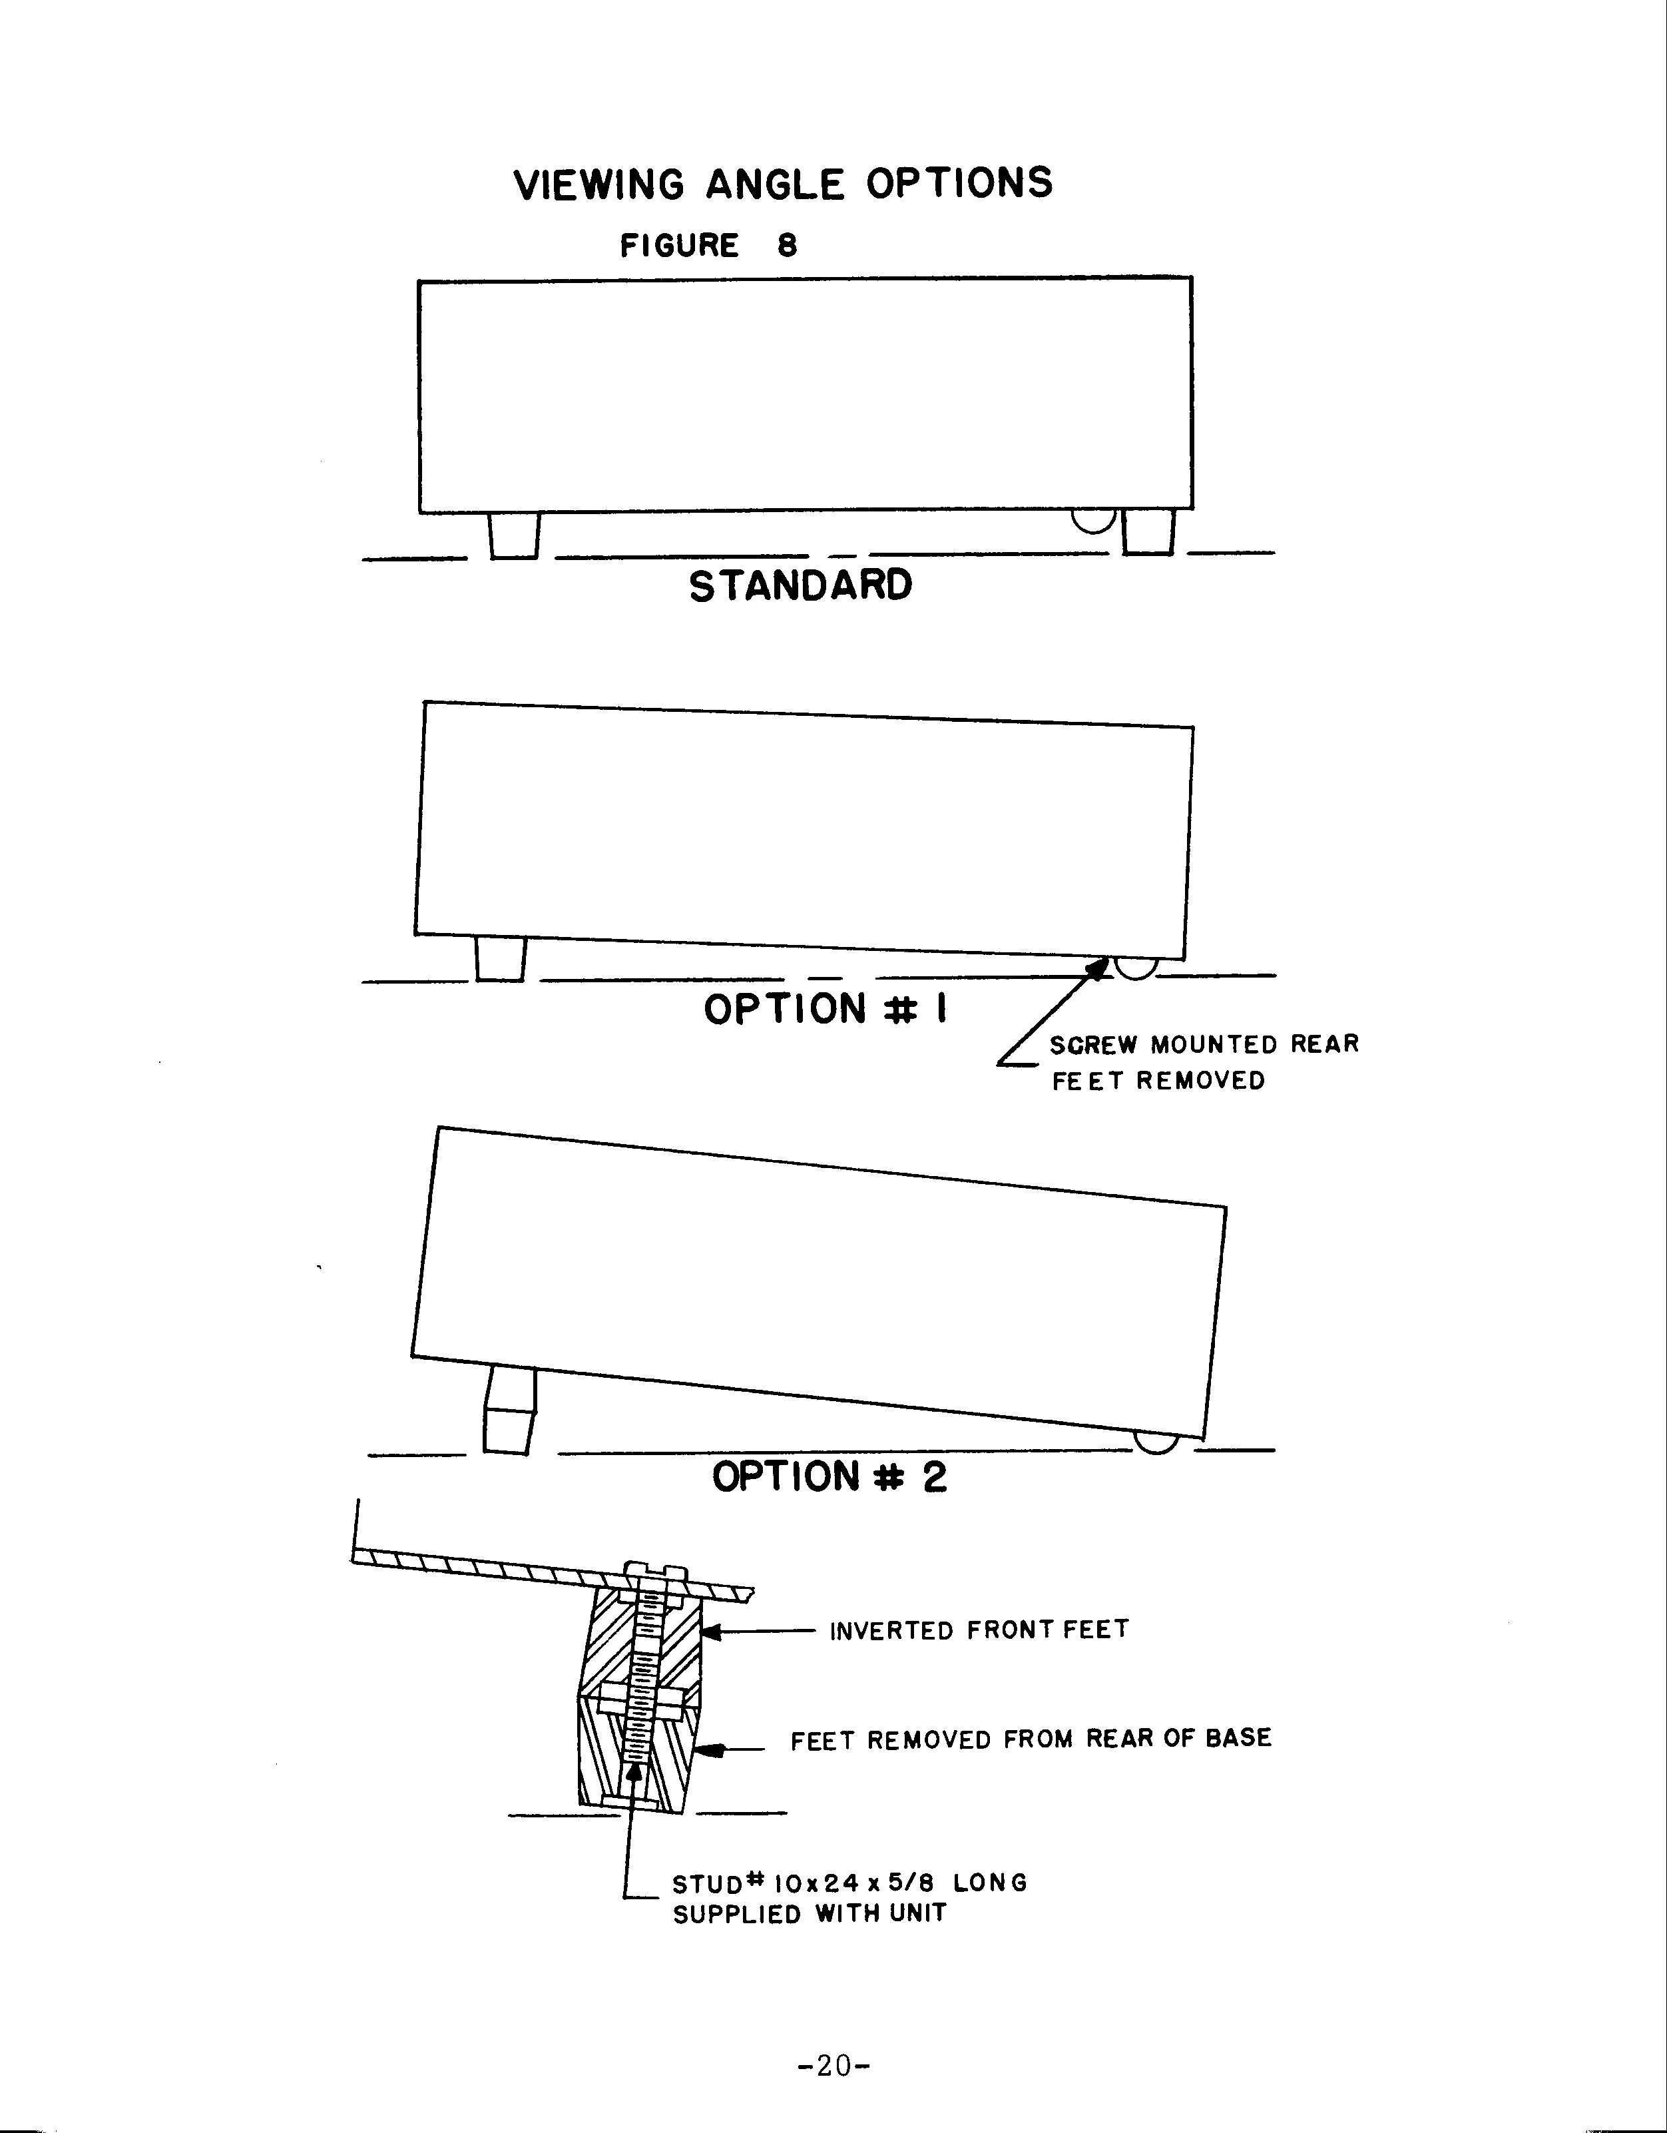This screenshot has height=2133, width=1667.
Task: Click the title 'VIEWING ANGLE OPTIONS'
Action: pos(783,184)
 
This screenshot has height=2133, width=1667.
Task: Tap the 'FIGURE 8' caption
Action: pos(709,245)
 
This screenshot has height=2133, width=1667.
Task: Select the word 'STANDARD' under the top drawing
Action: pos(801,586)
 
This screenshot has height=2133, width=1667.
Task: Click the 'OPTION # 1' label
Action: pos(826,1009)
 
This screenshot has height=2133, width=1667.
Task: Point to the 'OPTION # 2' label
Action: pos(829,1476)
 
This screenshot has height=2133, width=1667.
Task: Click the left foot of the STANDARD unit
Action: pos(514,535)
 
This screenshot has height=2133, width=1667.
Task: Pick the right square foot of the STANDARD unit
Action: pos(1148,532)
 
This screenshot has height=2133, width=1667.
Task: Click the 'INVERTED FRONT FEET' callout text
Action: pos(979,1630)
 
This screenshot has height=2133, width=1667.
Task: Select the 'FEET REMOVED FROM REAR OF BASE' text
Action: pos(1031,1739)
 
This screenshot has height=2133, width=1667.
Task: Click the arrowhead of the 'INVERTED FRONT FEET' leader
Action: pos(712,1631)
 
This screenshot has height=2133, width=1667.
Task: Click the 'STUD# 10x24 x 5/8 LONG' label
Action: pos(849,1882)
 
